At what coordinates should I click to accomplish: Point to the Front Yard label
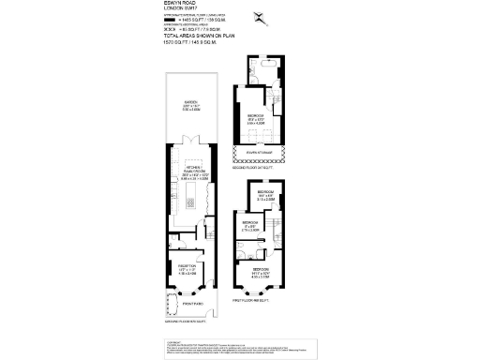[x=191, y=302]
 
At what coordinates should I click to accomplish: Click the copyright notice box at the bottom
[x=240, y=348]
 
